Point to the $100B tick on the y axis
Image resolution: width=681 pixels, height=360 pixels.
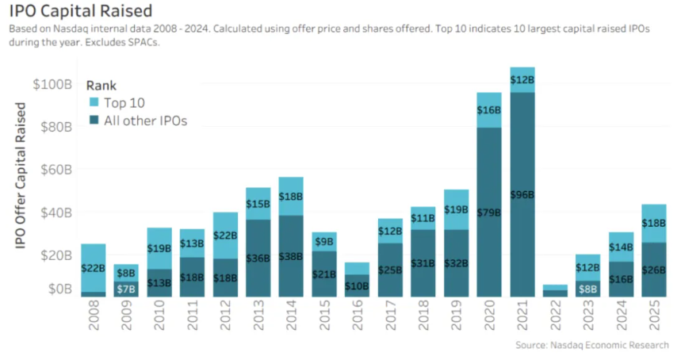(x=52, y=84)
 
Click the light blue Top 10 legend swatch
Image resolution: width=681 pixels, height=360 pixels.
(x=93, y=103)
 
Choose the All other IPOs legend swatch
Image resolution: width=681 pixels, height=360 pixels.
(x=93, y=121)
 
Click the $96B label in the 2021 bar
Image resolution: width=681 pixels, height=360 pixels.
(x=522, y=194)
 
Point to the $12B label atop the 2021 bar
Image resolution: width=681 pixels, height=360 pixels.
(x=522, y=80)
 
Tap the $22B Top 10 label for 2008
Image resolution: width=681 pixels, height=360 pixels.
(x=94, y=268)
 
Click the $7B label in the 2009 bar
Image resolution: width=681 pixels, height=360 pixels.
(x=127, y=289)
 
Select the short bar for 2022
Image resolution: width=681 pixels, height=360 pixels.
(x=555, y=291)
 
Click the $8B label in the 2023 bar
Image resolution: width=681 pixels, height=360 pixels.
(x=588, y=289)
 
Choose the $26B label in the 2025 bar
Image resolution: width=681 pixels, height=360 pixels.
(x=654, y=270)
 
